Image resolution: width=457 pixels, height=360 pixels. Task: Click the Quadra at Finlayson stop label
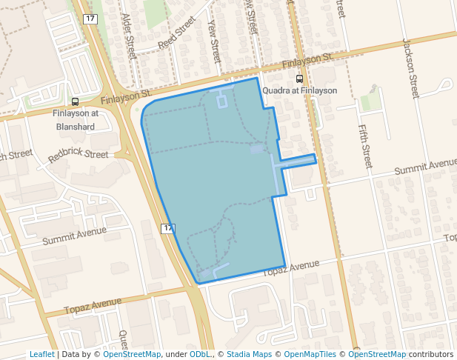pos(300,90)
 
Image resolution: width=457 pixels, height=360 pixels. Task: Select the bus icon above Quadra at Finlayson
pos(299,79)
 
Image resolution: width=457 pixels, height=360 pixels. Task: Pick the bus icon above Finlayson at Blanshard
pos(75,102)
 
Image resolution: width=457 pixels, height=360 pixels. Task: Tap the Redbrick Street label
pos(78,156)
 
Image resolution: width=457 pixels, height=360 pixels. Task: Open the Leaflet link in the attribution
pos(41,354)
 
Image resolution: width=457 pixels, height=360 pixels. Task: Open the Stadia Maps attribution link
pos(249,354)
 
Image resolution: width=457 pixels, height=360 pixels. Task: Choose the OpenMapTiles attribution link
pos(310,354)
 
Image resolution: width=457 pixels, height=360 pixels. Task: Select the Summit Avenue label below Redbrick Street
pos(74,236)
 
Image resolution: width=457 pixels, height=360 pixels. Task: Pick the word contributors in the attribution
pos(431,354)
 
